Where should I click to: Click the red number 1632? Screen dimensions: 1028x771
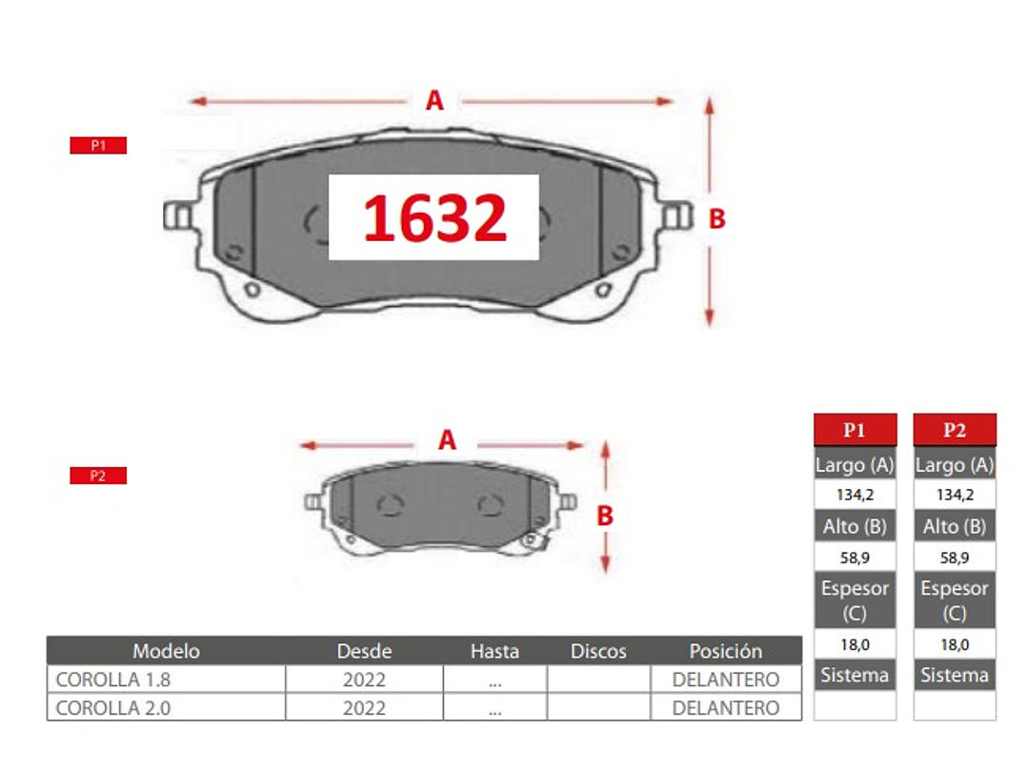point(434,217)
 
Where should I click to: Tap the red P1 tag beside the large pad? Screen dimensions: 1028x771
point(98,145)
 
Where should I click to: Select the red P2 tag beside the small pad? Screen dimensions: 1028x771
point(98,476)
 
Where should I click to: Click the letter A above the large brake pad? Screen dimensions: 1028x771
point(434,100)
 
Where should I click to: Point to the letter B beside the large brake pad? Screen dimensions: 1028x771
point(717,219)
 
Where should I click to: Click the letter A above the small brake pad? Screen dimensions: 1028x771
point(447,440)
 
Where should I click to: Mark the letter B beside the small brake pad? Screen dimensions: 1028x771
point(605,516)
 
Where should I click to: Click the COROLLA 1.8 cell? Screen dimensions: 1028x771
point(112,680)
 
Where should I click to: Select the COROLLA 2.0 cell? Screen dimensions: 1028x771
point(112,708)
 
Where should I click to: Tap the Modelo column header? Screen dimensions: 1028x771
point(166,651)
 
